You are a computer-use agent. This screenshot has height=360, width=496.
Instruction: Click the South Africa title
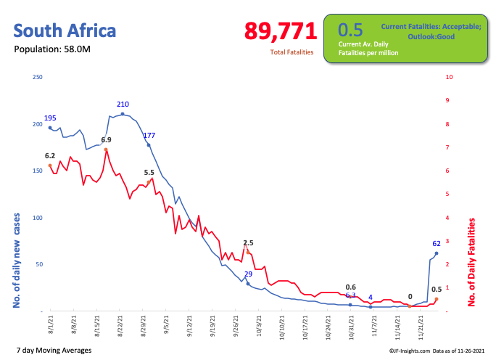(65, 31)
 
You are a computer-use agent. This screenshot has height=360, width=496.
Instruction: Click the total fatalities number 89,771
(281, 31)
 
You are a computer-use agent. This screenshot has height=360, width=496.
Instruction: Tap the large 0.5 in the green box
(350, 30)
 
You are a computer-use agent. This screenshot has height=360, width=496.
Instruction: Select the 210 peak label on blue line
(123, 105)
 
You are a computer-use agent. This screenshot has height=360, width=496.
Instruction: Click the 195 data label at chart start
(50, 118)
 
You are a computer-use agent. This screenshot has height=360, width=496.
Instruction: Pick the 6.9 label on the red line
(106, 139)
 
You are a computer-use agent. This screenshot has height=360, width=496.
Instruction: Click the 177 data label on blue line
(149, 136)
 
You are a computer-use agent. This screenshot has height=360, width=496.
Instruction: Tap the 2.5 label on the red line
(248, 242)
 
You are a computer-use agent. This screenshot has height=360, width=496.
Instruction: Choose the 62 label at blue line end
(437, 244)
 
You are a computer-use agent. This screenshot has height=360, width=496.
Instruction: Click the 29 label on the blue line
(248, 274)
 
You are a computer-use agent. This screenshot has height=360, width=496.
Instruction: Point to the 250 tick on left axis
(38, 77)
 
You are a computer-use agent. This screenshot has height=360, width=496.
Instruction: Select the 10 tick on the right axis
(450, 77)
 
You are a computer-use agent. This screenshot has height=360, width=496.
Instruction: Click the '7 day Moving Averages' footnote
(52, 351)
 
